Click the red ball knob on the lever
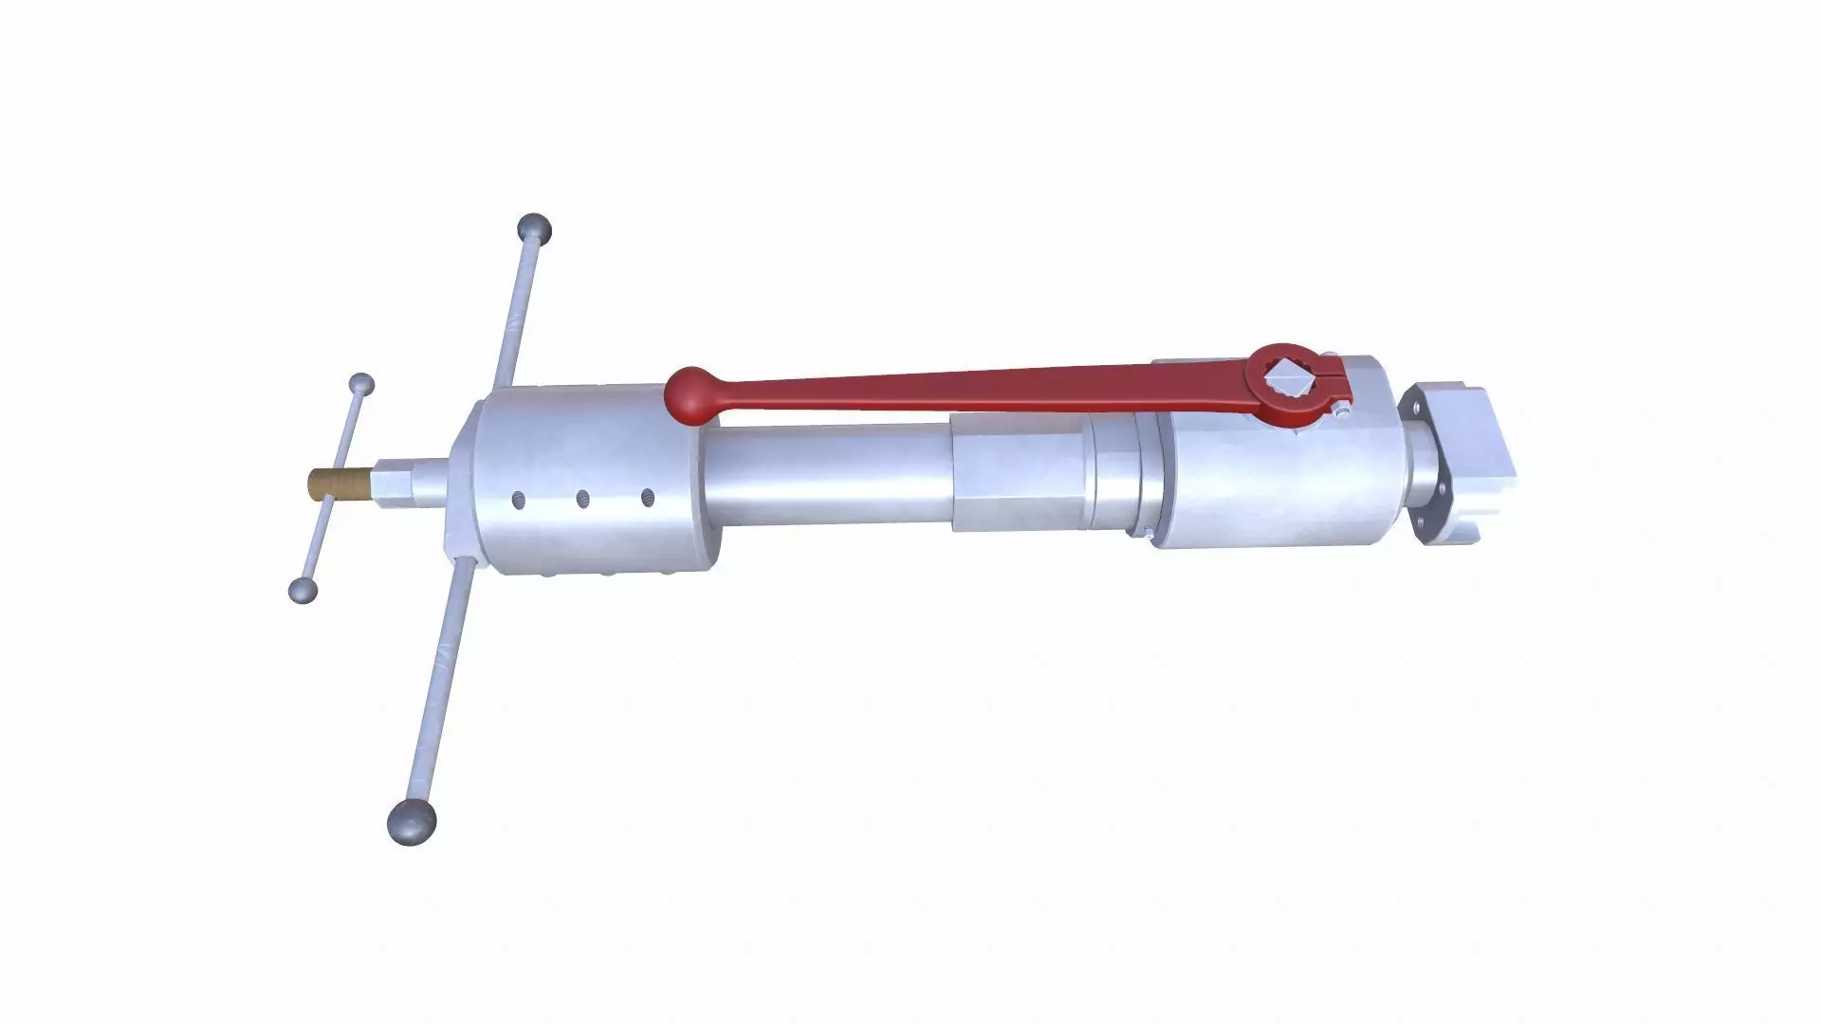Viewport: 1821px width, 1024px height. (x=691, y=393)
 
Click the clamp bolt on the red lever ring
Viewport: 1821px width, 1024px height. (x=1338, y=411)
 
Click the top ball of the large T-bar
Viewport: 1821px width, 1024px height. (x=534, y=229)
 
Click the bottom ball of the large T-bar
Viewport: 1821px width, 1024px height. (x=413, y=819)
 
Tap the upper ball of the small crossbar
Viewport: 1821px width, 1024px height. (x=361, y=385)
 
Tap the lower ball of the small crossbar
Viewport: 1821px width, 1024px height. (x=303, y=590)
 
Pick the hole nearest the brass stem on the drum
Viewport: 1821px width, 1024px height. (x=519, y=499)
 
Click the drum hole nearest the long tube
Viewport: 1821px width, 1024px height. (x=648, y=496)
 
